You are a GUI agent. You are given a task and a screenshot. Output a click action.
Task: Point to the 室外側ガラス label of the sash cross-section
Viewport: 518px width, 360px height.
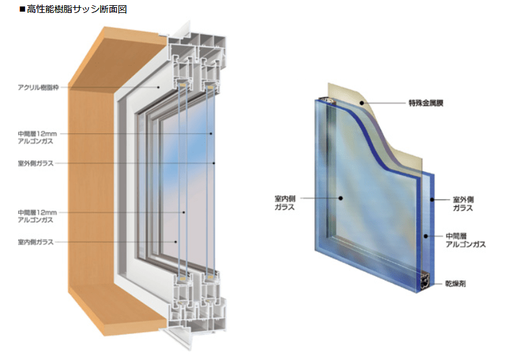(36, 163)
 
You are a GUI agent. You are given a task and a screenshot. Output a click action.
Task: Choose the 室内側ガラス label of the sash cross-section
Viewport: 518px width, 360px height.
(36, 242)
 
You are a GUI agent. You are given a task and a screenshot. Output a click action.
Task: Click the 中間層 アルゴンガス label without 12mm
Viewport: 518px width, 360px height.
(466, 240)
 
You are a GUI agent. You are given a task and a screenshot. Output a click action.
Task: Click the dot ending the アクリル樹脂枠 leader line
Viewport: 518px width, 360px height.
(158, 86)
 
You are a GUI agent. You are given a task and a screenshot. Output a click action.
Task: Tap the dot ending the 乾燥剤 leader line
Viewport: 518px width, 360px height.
(424, 284)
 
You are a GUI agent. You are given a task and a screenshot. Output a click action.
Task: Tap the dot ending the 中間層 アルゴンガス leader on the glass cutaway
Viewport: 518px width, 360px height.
(425, 237)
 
